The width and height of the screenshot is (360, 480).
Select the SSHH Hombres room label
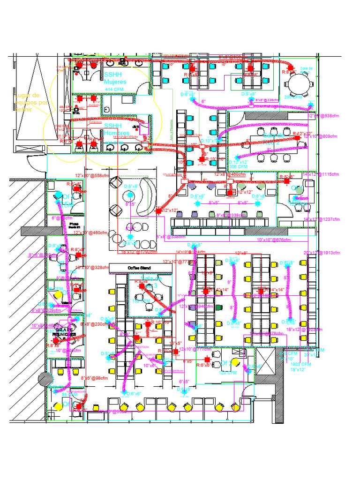point(115,130)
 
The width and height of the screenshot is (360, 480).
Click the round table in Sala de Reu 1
point(299,85)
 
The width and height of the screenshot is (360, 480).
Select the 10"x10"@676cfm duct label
point(274,240)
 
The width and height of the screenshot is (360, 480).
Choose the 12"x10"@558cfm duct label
point(92,176)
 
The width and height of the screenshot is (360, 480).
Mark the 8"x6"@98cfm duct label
point(94,378)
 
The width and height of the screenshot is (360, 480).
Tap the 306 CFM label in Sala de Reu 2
point(238,166)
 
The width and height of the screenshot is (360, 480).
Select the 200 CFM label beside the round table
point(293,97)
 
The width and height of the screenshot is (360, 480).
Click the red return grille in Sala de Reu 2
point(297,138)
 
